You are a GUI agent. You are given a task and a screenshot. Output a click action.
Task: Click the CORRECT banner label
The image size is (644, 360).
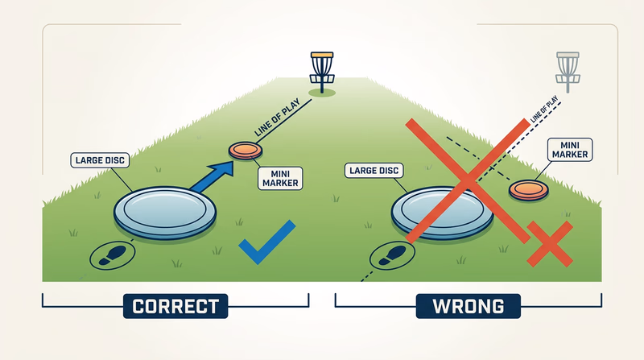(175, 306)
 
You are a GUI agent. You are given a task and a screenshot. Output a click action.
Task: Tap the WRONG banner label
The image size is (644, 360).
(468, 306)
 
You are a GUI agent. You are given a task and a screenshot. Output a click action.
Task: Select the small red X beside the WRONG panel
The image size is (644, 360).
(549, 243)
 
